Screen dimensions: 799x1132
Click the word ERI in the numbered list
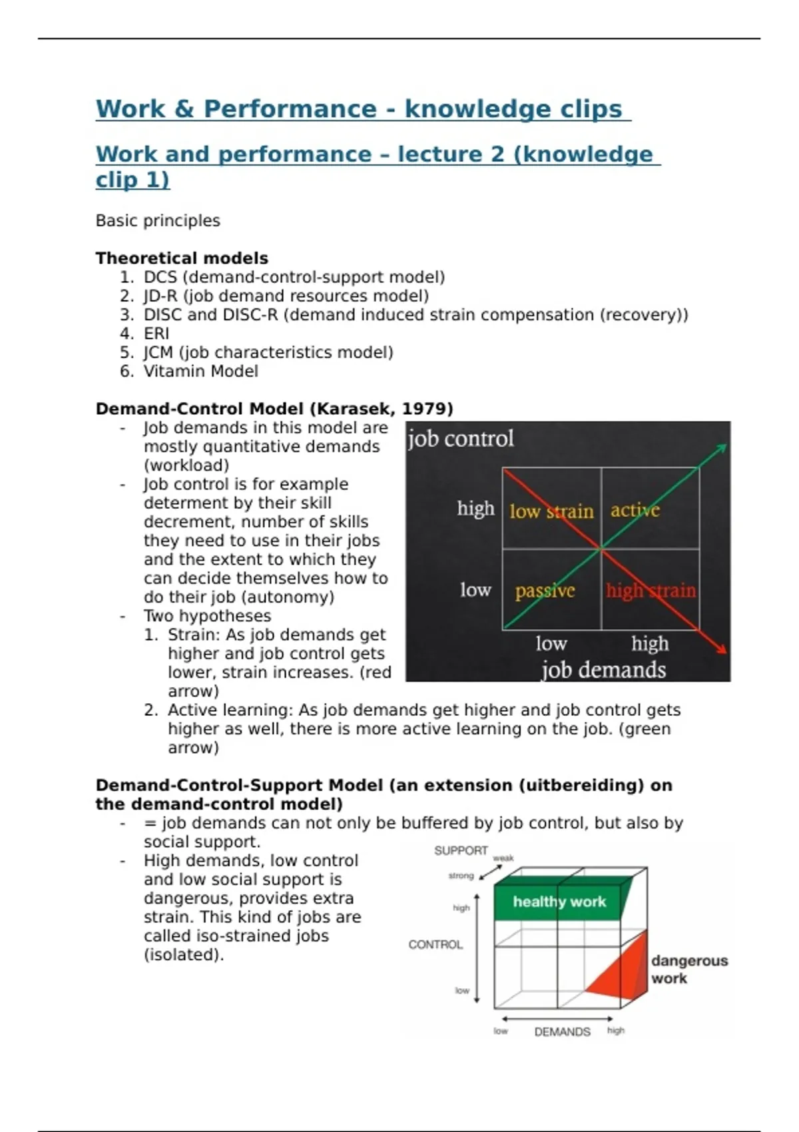coord(156,334)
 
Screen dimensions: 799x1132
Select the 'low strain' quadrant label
coord(551,511)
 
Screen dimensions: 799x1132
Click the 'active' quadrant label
coord(635,510)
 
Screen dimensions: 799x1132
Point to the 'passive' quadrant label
coord(545,591)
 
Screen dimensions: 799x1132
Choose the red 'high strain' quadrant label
coord(651,590)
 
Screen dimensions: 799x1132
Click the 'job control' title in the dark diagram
coord(460,439)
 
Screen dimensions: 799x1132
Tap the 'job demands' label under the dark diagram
coord(603,670)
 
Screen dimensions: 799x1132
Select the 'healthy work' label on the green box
coord(559,902)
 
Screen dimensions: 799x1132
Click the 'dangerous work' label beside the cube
coord(689,970)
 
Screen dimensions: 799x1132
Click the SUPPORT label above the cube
coord(460,851)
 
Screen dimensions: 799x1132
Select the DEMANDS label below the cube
coord(562,1032)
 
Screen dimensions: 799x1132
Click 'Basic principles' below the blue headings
coord(158,221)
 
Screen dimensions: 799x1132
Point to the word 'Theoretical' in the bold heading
coord(143,258)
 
